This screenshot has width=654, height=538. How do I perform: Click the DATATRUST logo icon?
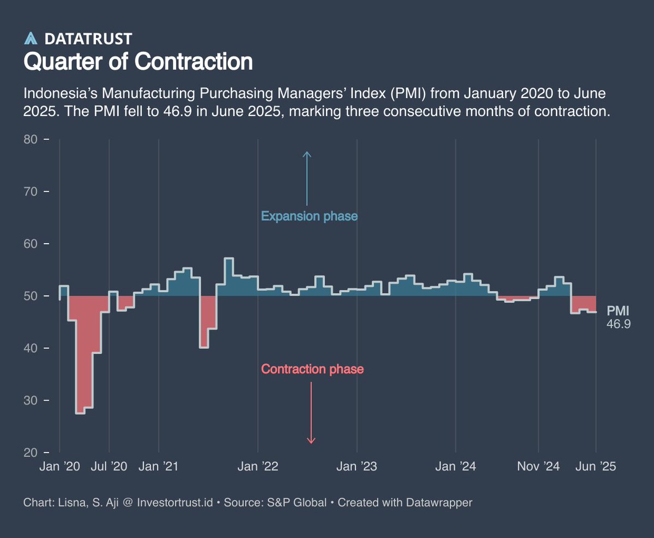[x=31, y=38]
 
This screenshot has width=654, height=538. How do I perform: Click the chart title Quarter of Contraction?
[x=138, y=62]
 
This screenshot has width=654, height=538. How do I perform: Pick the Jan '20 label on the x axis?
[x=59, y=467]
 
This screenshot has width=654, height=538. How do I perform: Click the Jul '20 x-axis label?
[x=109, y=467]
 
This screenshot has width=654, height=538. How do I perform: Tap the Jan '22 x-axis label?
[x=258, y=467]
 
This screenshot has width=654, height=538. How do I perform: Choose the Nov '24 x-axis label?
[x=538, y=467]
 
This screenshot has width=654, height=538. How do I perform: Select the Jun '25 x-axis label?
[x=596, y=467]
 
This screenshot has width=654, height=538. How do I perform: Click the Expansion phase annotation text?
[x=309, y=216]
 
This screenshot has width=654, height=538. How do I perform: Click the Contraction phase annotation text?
[x=312, y=370]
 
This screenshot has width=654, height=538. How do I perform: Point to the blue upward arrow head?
[x=307, y=154]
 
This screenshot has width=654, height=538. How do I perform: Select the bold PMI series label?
[x=618, y=311]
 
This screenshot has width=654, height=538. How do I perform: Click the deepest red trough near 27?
[x=80, y=412]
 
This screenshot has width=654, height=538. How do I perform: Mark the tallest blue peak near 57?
[x=229, y=259]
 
